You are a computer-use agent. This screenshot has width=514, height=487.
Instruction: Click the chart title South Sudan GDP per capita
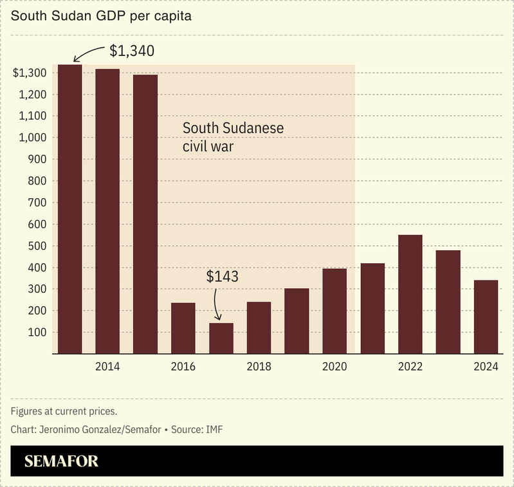100,15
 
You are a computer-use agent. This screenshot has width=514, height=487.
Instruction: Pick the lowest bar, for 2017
221,338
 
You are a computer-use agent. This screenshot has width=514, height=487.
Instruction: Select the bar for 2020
335,311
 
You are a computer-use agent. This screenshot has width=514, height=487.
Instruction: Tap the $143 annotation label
222,277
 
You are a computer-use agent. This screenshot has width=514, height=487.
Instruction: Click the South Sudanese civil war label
233,137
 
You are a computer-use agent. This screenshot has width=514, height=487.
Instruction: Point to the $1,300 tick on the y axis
29,73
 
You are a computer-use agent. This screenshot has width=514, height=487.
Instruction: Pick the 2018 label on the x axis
259,367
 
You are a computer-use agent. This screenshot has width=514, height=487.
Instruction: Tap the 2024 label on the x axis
486,367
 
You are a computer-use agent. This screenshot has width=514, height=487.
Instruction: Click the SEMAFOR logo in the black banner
61,461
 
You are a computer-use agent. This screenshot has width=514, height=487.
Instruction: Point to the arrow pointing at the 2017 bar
217,305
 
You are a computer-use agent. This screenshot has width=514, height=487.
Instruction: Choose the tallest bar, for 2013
69,209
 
